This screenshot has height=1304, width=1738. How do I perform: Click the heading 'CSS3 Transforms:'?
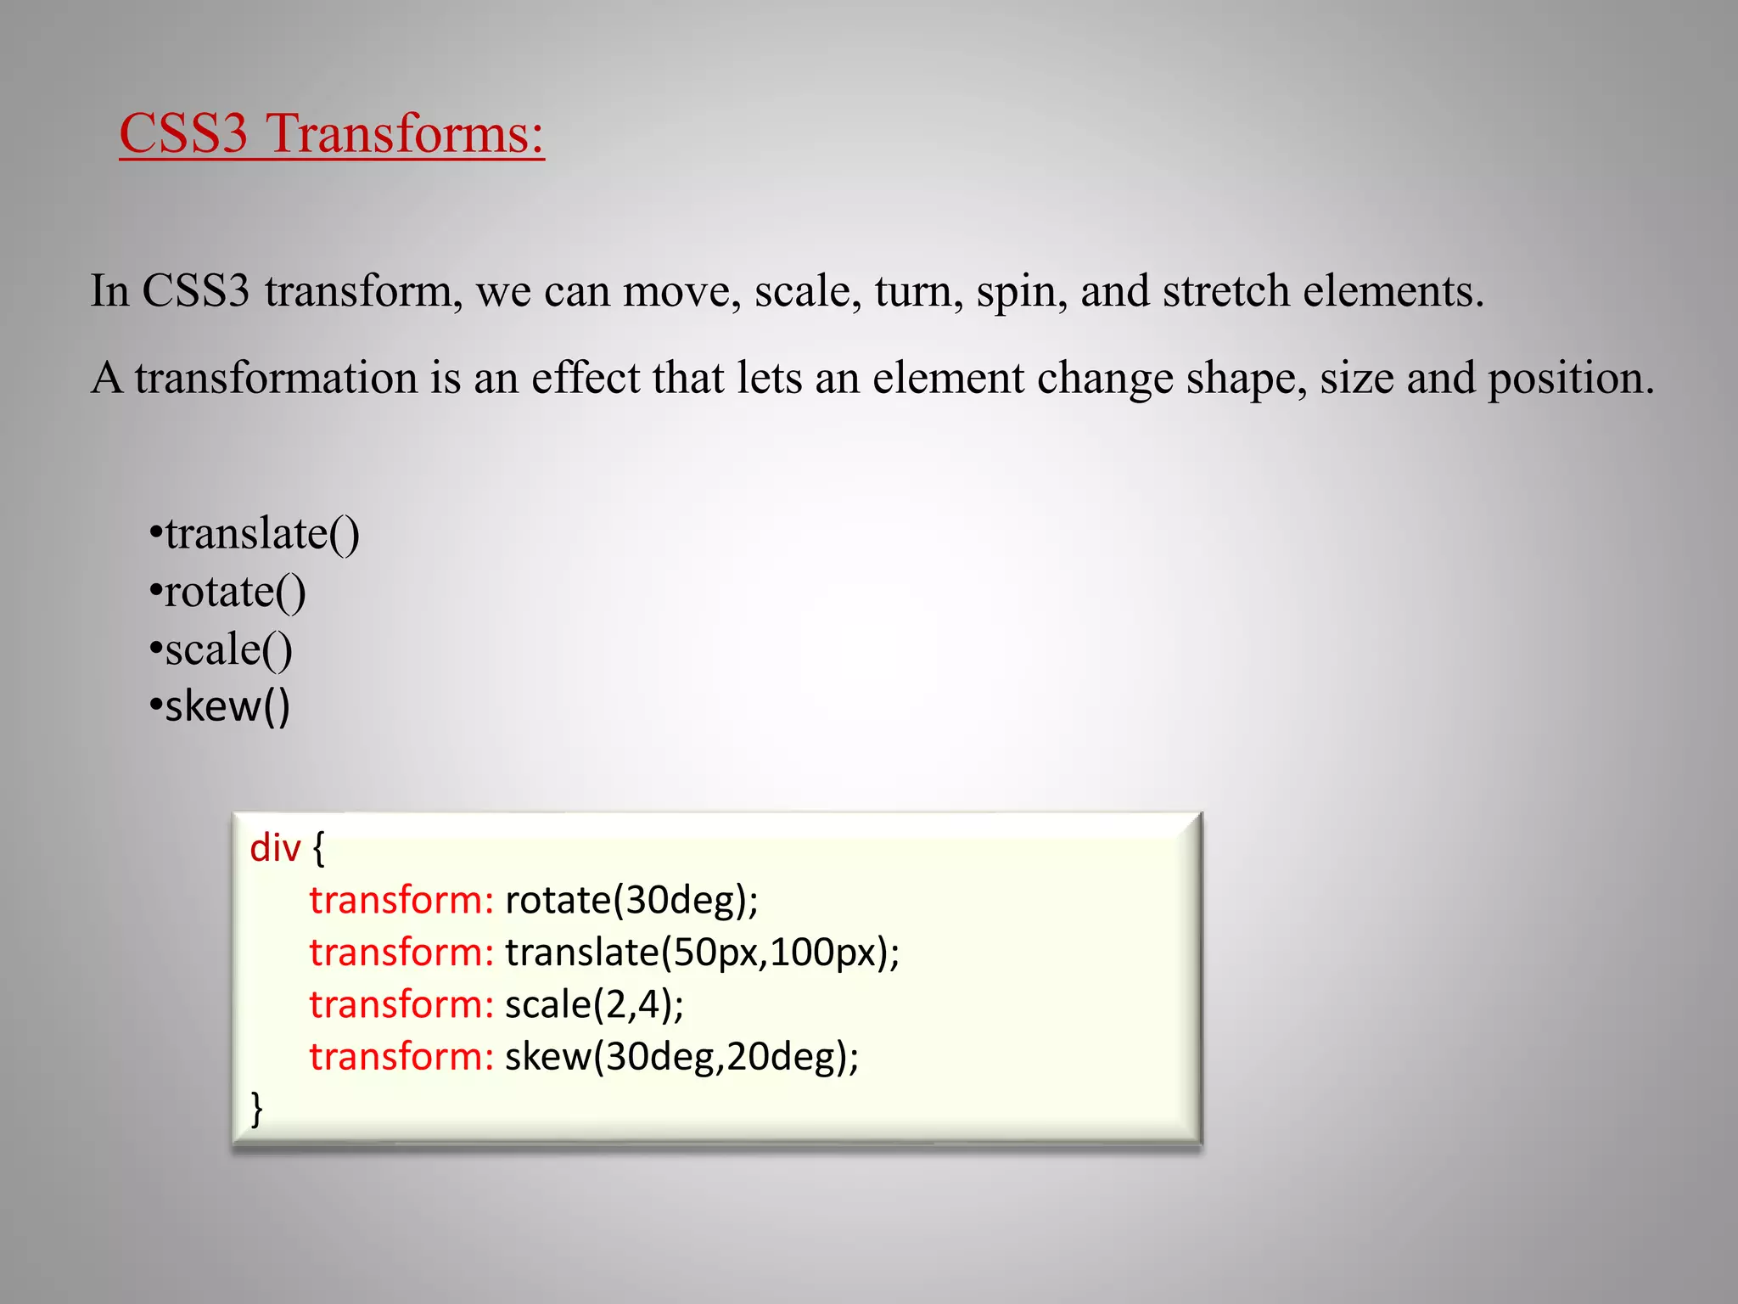pos(331,134)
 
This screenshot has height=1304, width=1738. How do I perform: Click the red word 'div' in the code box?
pos(275,848)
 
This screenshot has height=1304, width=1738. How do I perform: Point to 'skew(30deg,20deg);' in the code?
pos(681,1057)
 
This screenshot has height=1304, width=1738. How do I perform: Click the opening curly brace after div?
pos(318,848)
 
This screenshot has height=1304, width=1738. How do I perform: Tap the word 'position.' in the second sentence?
pos(1570,379)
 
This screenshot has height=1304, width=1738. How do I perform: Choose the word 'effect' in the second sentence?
pos(586,378)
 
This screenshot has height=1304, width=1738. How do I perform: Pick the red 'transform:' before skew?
pos(401,1057)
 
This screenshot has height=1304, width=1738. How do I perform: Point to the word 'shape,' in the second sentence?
pos(1247,379)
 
